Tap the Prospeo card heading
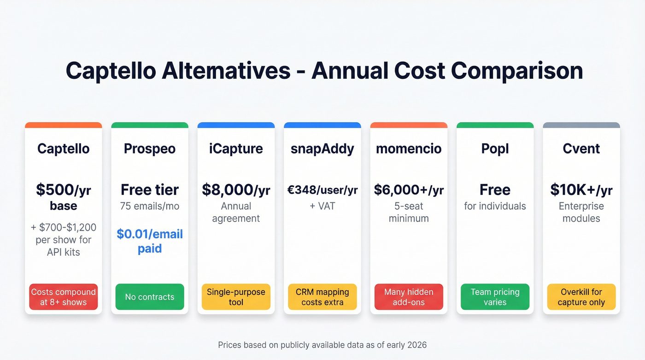(x=150, y=148)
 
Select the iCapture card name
(x=236, y=148)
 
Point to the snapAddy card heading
(x=322, y=148)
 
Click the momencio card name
(x=409, y=148)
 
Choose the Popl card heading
(x=495, y=148)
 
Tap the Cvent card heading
(x=581, y=148)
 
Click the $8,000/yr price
(x=236, y=189)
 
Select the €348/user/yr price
(x=322, y=189)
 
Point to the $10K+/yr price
(x=581, y=189)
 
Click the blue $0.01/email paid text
(x=150, y=241)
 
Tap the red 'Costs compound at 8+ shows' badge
(x=64, y=297)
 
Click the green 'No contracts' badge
(x=150, y=297)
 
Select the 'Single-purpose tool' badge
(x=236, y=297)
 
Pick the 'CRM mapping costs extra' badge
(x=322, y=297)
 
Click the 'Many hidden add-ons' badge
(x=409, y=297)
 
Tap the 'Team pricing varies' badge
(x=495, y=297)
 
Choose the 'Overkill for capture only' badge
(x=581, y=297)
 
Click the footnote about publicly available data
(x=322, y=344)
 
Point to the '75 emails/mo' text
(x=150, y=206)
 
